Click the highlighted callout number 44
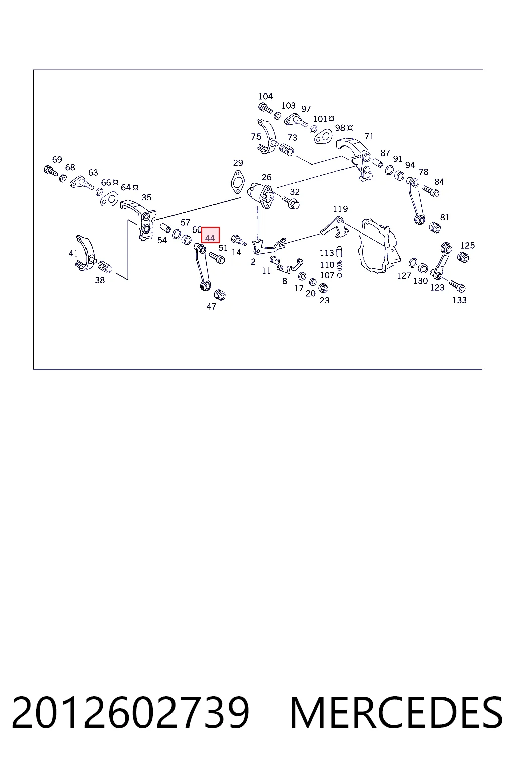click(x=210, y=238)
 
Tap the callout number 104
click(x=265, y=96)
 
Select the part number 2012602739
click(x=130, y=712)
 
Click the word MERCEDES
click(x=396, y=712)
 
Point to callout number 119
click(x=340, y=209)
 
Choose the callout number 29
click(x=238, y=162)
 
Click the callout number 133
click(x=460, y=300)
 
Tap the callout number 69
click(x=57, y=159)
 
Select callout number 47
click(x=211, y=306)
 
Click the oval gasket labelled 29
click(x=238, y=182)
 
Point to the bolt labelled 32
click(x=291, y=203)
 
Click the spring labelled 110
click(x=339, y=265)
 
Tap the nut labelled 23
click(x=323, y=288)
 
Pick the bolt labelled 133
click(x=458, y=286)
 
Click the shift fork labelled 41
click(x=85, y=253)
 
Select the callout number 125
click(x=467, y=245)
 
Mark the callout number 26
click(x=266, y=177)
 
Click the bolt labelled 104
click(x=265, y=108)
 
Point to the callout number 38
click(x=100, y=280)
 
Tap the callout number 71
click(x=369, y=136)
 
